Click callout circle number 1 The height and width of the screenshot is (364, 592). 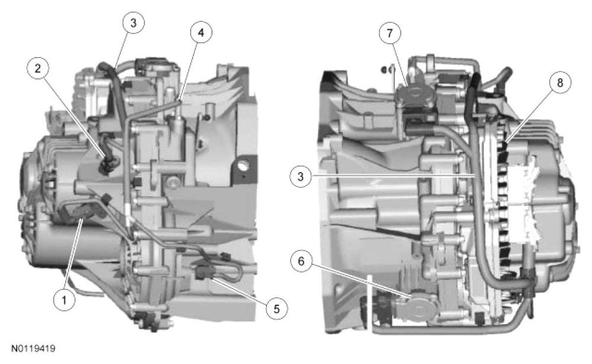[x=64, y=300]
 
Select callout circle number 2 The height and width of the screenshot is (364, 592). [x=38, y=68]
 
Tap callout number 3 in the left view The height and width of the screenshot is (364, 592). [x=134, y=23]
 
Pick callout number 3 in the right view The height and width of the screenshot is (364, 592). [x=301, y=176]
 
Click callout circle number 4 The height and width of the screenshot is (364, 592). [x=201, y=33]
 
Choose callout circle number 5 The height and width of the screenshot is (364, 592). [x=276, y=309]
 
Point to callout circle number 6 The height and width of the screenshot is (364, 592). [x=301, y=261]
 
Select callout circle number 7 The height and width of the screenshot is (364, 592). [x=390, y=33]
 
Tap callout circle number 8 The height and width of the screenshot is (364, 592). [x=560, y=82]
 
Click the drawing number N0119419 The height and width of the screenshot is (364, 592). [x=33, y=348]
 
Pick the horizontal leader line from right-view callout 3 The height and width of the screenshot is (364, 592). [x=393, y=175]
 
